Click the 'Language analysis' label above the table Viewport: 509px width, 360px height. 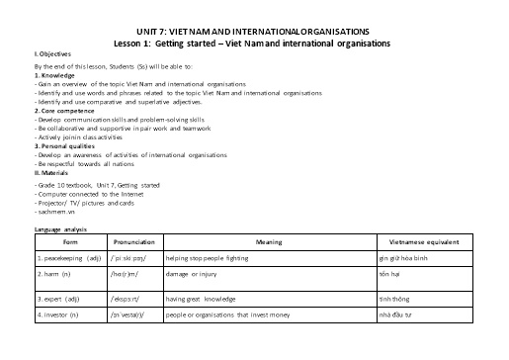60,229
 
